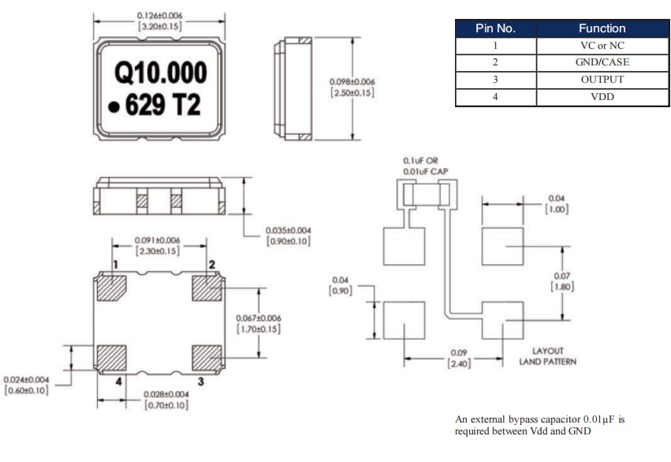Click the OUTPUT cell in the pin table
602,80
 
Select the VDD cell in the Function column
602,97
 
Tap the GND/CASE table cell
602,62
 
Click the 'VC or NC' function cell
602,46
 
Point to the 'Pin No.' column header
495,28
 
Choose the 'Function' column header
602,28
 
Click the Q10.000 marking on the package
161,74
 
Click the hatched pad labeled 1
110,288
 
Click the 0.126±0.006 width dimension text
160,16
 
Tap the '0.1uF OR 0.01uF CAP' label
427,164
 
